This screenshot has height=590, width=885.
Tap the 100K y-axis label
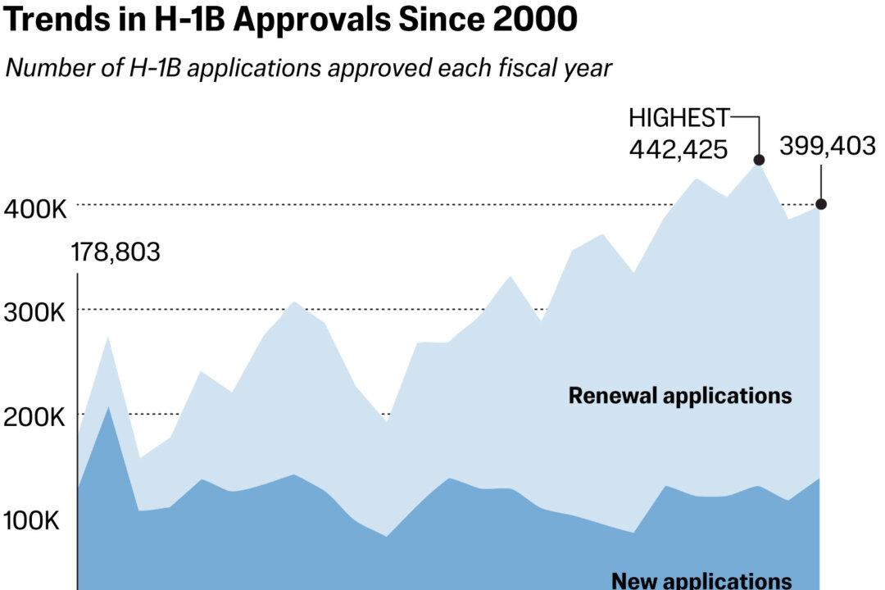(x=33, y=521)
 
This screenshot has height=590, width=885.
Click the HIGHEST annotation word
(x=678, y=119)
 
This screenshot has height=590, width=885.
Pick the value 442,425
(x=678, y=149)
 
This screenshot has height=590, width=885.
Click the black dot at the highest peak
(x=759, y=161)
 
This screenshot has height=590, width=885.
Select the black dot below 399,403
(x=821, y=204)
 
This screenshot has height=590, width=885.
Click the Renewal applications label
(x=680, y=397)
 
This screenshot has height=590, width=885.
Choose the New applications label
(x=701, y=580)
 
